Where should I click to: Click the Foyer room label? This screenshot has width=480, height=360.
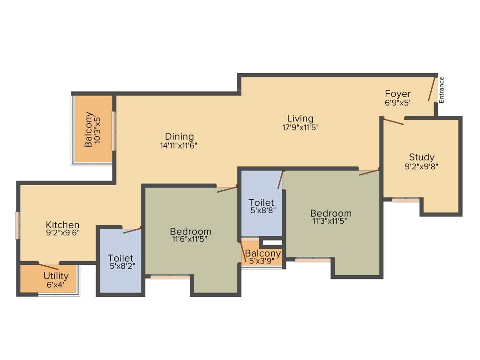(x=397, y=94)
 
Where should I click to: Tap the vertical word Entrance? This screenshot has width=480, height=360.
(x=442, y=90)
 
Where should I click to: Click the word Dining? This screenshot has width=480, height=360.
(x=178, y=136)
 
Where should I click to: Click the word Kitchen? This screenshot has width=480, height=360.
(x=62, y=225)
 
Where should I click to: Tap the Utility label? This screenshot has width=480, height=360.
(x=56, y=276)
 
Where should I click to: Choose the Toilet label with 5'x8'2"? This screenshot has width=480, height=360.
(x=120, y=258)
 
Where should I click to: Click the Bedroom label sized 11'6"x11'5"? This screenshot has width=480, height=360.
(x=190, y=232)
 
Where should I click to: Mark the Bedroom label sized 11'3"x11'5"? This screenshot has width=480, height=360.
(x=331, y=214)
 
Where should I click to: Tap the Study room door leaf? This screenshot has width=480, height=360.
(x=394, y=122)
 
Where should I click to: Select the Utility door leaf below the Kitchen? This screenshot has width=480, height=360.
(x=48, y=267)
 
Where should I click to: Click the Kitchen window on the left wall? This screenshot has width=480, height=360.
(x=18, y=225)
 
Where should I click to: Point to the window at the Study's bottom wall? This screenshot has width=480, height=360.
(x=405, y=200)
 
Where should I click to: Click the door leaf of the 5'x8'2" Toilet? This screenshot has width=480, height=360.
(x=132, y=230)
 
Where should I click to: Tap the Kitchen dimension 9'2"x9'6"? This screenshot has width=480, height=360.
(x=62, y=233)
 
